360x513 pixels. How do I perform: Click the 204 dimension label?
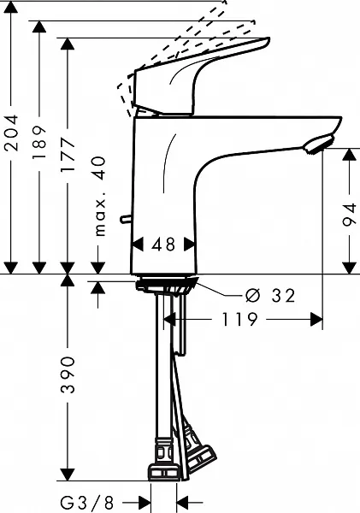tap(11, 133)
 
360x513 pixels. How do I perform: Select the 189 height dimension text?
tap(39, 142)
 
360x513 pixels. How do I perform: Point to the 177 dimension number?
tap(68, 155)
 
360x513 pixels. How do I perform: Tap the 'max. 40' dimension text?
tap(100, 197)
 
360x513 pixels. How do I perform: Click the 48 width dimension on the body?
tap(163, 244)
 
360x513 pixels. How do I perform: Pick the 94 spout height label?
tap(349, 215)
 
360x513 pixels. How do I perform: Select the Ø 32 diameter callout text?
tap(270, 296)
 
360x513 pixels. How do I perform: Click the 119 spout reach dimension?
tap(240, 319)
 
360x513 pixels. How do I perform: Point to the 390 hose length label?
tap(68, 374)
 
